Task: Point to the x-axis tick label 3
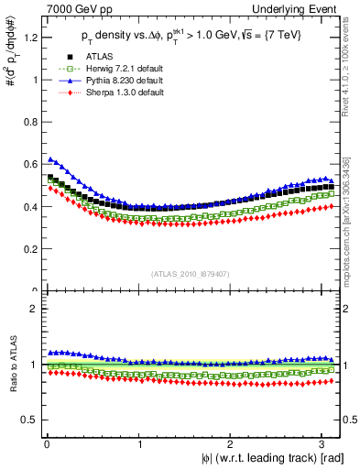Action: (x=323, y=444)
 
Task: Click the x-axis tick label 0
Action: (x=46, y=444)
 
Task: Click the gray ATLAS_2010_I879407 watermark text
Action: (x=190, y=273)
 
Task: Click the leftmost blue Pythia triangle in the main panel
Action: (x=50, y=159)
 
